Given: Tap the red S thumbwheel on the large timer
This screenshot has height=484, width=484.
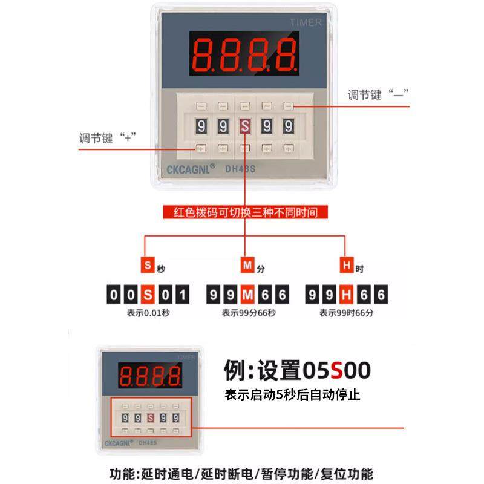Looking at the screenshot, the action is (x=244, y=126).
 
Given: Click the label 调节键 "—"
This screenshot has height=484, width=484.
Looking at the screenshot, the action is (x=379, y=94).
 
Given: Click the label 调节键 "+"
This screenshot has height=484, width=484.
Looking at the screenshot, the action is (x=106, y=137).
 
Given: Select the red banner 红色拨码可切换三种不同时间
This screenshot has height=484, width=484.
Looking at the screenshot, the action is (x=244, y=212).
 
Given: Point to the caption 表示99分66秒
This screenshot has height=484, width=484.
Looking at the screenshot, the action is (x=248, y=313).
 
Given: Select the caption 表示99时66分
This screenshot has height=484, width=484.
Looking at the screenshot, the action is (x=347, y=313).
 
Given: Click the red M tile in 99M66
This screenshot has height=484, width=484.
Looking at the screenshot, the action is (x=247, y=295).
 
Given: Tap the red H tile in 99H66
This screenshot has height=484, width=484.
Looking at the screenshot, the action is (x=347, y=295).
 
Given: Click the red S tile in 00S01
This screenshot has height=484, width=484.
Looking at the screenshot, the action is (x=148, y=295).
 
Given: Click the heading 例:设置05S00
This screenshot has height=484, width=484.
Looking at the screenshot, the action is (x=296, y=369).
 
